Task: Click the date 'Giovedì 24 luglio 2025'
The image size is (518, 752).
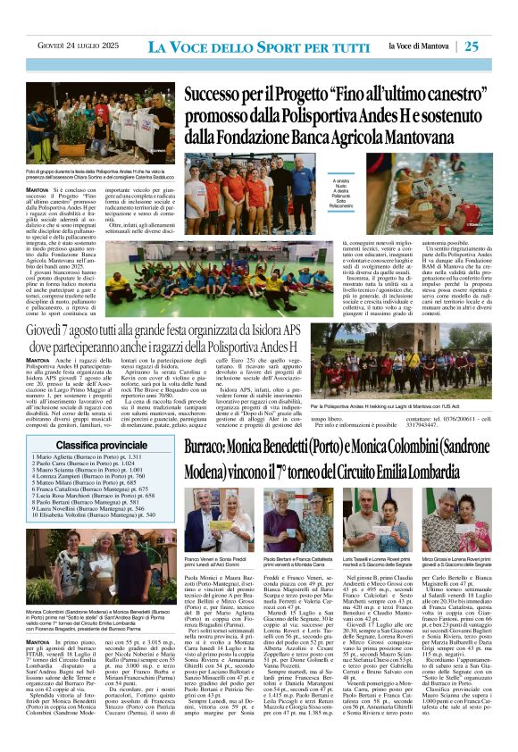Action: tap(73, 46)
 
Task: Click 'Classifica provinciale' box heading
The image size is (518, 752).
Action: tap(89, 444)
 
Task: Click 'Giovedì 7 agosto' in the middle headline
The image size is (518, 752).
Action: tap(76, 334)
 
